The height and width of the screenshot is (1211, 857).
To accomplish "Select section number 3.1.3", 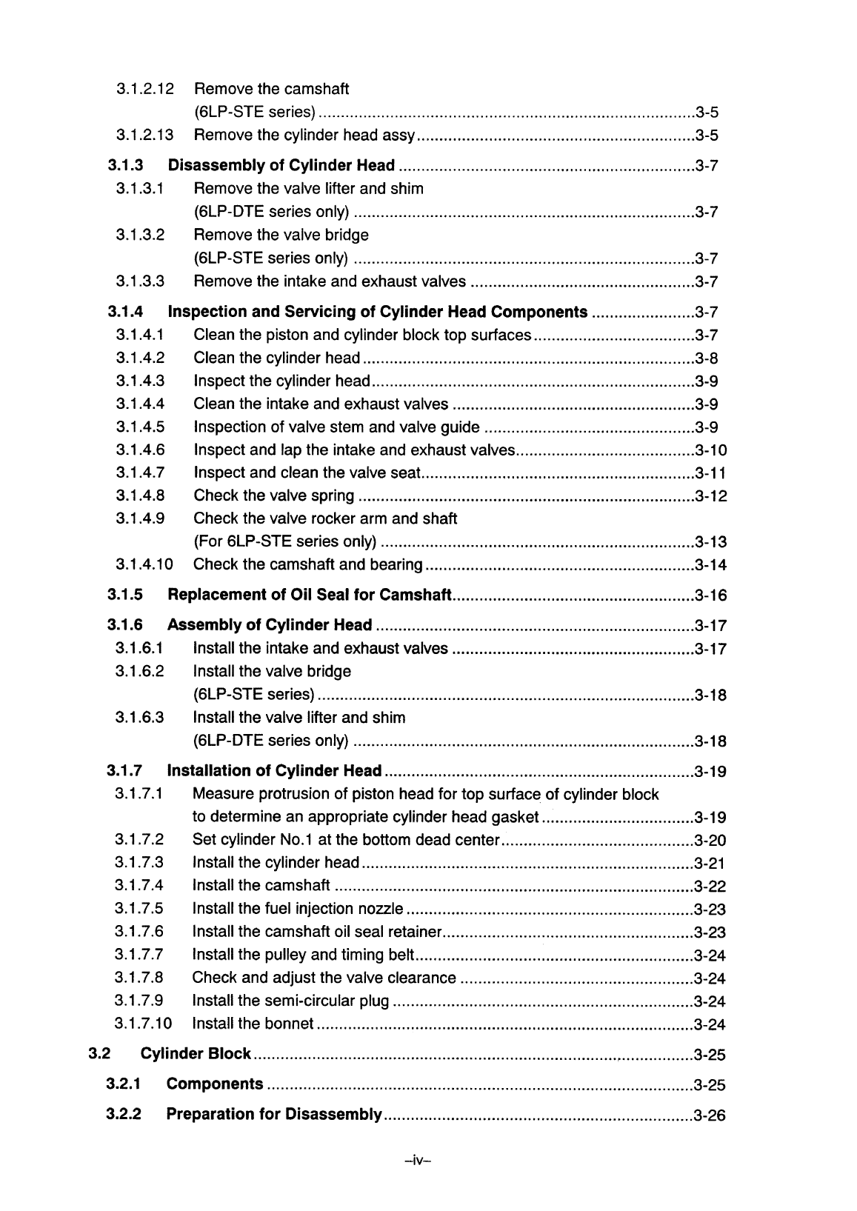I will click(124, 164).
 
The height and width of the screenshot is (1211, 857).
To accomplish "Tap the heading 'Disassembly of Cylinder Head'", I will click(281, 164).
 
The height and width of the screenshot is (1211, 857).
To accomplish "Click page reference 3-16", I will click(711, 596).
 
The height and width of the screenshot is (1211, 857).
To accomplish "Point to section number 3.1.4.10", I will click(144, 564).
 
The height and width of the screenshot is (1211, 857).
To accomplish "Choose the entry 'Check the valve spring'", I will click(273, 496).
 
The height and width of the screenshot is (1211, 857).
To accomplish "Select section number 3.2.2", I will click(124, 1115).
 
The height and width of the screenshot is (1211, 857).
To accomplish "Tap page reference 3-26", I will click(710, 1115).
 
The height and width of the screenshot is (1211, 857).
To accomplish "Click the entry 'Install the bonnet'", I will click(253, 1024).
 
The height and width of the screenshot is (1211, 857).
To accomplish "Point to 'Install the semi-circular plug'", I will click(290, 1001).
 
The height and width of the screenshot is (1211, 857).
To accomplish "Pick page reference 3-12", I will click(711, 496).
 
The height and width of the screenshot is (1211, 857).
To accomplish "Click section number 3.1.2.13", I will click(144, 135).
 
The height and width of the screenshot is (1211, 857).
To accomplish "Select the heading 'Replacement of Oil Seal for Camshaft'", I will click(310, 596).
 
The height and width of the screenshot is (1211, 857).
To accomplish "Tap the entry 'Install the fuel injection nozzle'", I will click(298, 909).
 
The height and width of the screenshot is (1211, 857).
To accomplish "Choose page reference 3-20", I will click(710, 841).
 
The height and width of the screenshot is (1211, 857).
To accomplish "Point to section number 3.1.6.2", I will click(139, 672).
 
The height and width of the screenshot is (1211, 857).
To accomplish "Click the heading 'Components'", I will click(215, 1084).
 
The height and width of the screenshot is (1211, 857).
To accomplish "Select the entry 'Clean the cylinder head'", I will click(277, 358).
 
